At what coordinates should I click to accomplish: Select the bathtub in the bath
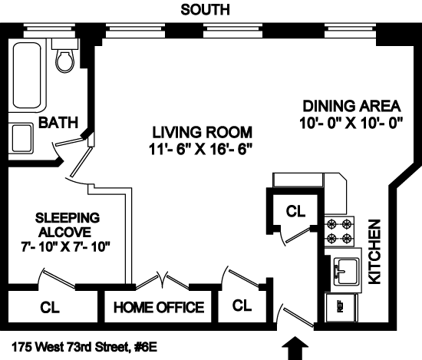coord(28,76)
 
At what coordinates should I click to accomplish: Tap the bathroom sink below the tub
coord(21,138)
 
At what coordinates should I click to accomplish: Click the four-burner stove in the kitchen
coord(339,231)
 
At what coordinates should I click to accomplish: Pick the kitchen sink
coord(347,271)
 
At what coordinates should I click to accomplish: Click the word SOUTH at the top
coord(205,10)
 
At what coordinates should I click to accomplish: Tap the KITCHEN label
coord(374,252)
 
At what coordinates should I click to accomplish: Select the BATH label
coord(58,123)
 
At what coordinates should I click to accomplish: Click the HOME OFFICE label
coord(159,307)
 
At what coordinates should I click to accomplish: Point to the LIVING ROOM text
coord(203,132)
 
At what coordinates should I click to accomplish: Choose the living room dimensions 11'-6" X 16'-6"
coord(201,150)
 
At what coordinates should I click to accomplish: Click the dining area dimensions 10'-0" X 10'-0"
coord(351,124)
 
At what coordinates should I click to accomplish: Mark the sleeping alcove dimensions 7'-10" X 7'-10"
coord(66,247)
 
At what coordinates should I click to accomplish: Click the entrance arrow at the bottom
coord(295,348)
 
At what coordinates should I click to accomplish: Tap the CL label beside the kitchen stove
coord(295,211)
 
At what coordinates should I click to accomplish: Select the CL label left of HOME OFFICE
coord(50,307)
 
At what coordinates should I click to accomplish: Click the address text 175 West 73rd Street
coord(84,347)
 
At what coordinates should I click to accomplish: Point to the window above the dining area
coord(351,31)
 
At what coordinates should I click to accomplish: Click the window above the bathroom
coord(49,31)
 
